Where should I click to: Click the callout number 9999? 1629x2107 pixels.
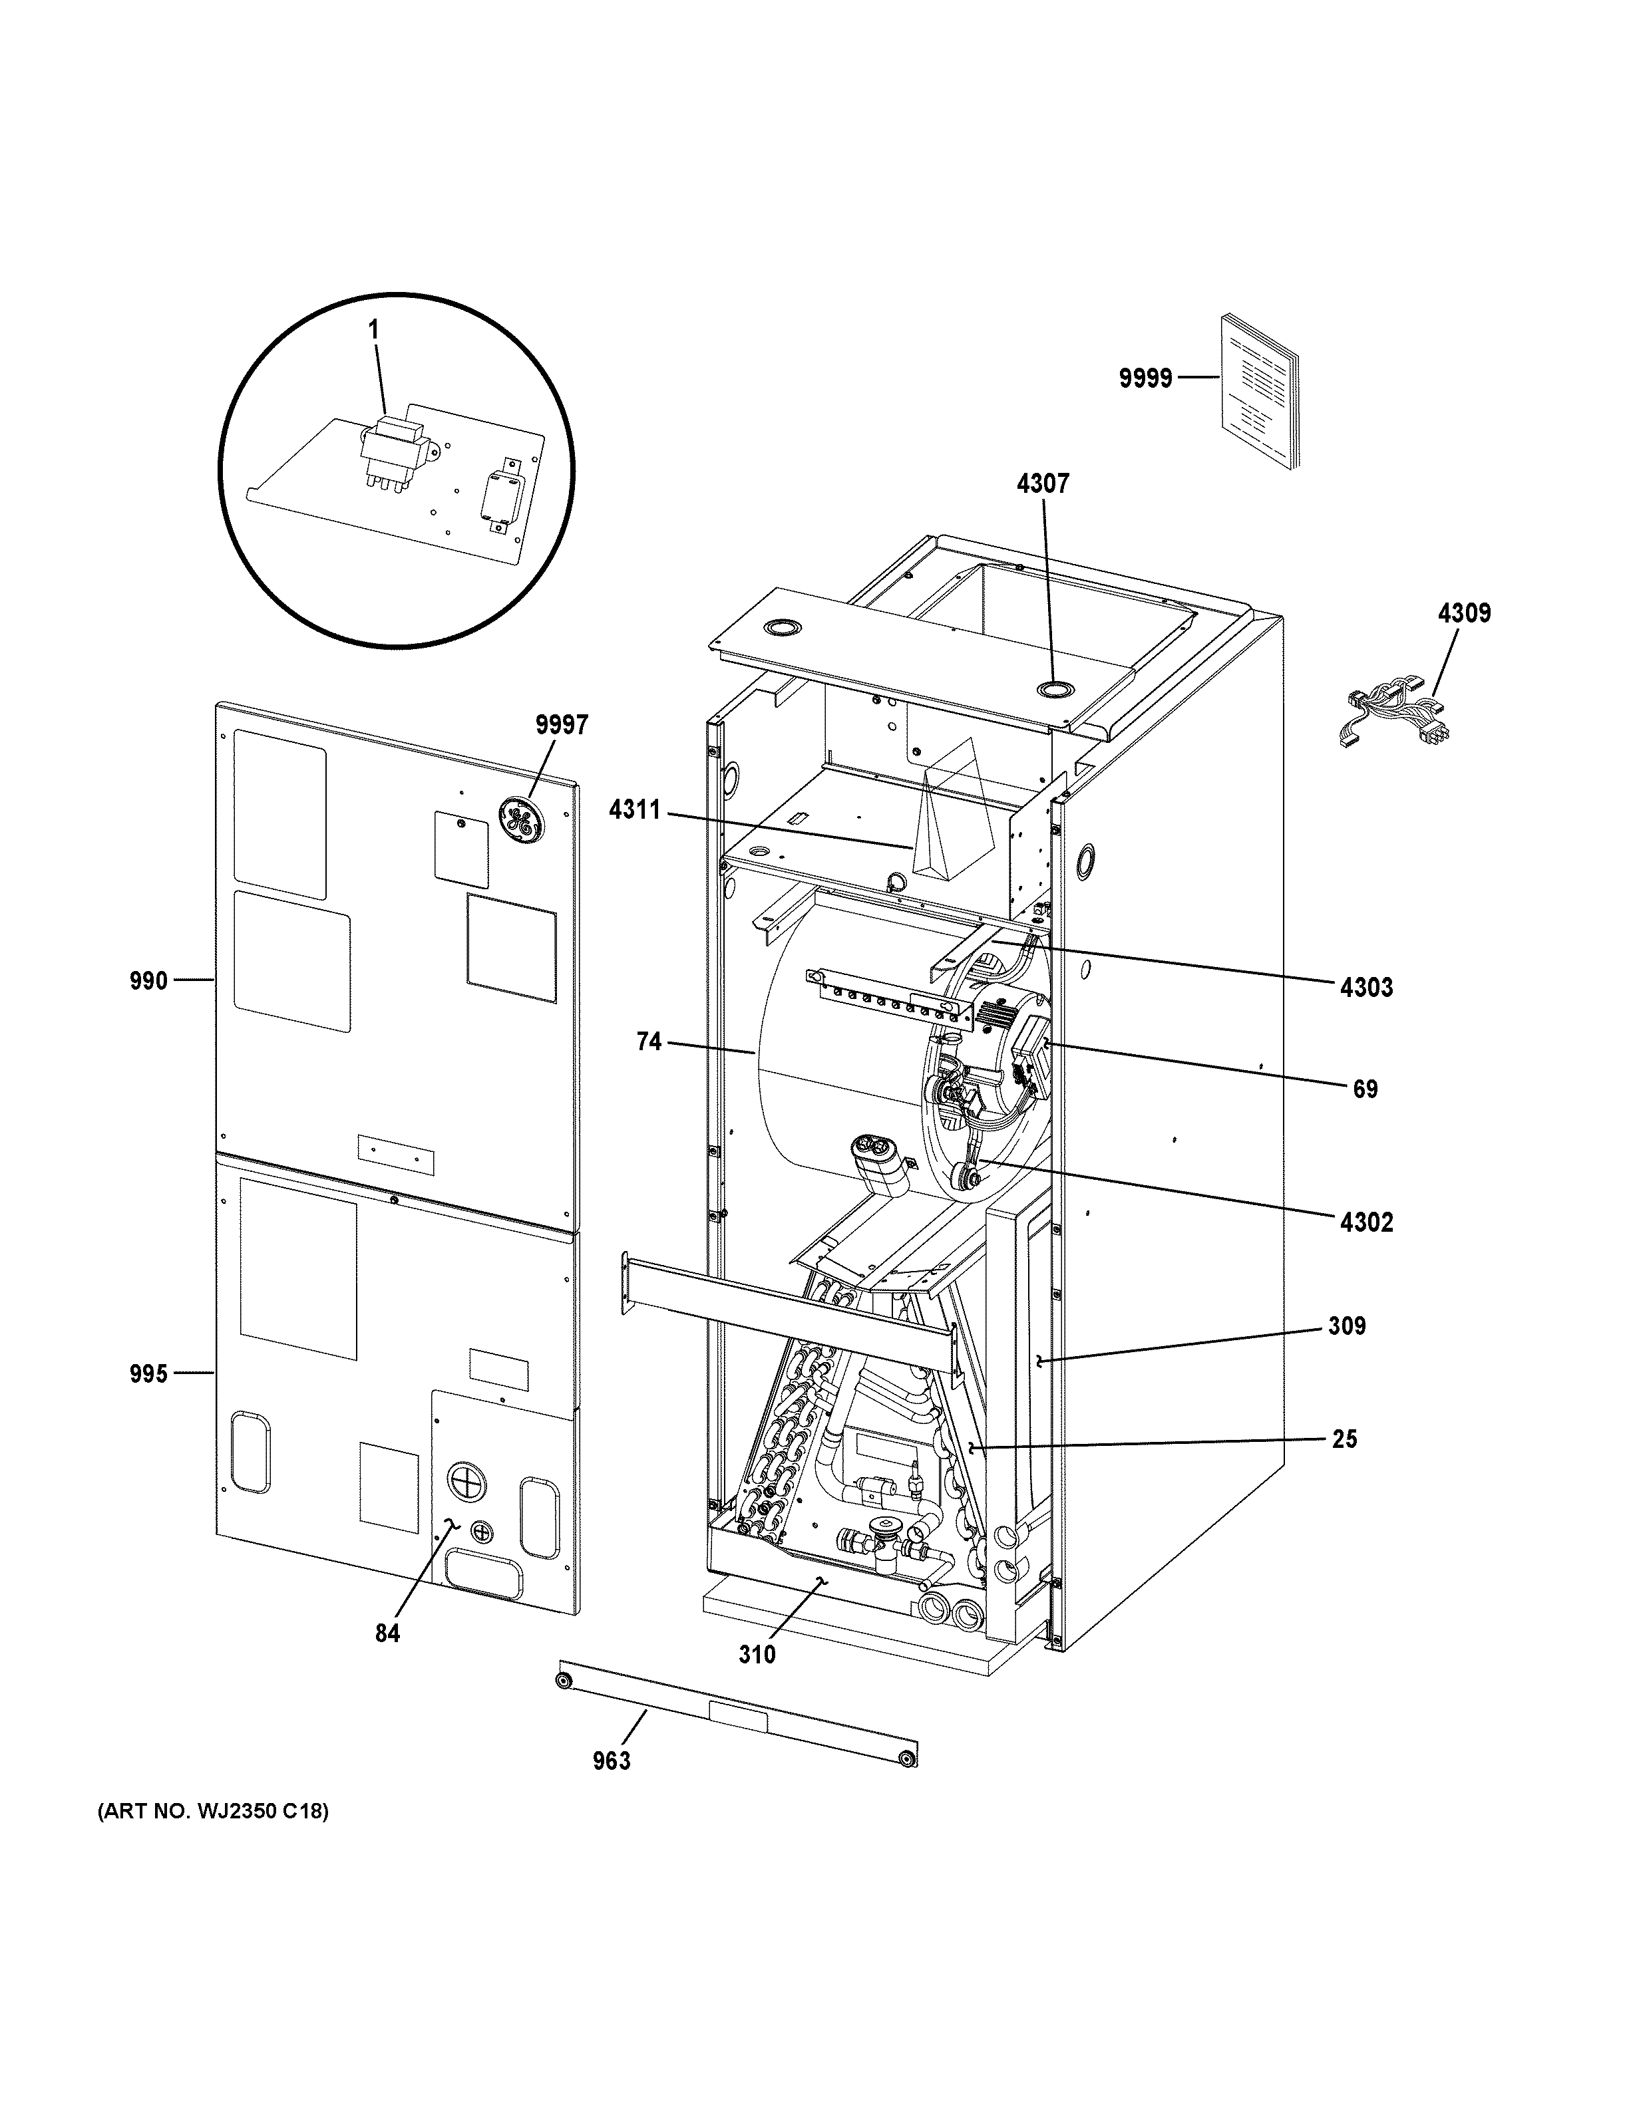click(1145, 378)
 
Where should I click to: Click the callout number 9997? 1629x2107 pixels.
click(562, 726)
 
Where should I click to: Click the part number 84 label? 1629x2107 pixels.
click(388, 1633)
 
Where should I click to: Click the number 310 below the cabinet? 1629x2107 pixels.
click(757, 1655)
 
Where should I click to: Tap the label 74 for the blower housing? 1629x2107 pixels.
click(649, 1042)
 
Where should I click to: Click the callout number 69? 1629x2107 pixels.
click(1365, 1089)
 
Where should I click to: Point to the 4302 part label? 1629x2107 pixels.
click(1367, 1222)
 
